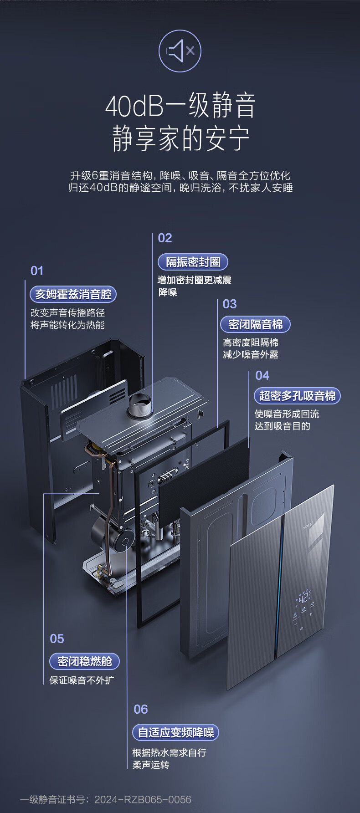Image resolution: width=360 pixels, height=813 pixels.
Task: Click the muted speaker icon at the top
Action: pyautogui.click(x=180, y=51)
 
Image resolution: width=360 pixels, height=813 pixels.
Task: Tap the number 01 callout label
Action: pyautogui.click(x=37, y=271)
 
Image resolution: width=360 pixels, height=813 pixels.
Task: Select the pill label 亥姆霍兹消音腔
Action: pyautogui.click(x=73, y=294)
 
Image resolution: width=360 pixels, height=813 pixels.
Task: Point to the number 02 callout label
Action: pyautogui.click(x=165, y=238)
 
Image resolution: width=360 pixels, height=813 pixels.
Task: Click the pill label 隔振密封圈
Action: pyautogui.click(x=193, y=262)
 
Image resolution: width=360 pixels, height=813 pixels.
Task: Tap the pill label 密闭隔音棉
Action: pyautogui.click(x=255, y=324)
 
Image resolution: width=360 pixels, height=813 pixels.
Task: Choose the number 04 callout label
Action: pyautogui.click(x=262, y=376)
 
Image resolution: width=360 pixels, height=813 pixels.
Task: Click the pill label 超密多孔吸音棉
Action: pyautogui.click(x=297, y=396)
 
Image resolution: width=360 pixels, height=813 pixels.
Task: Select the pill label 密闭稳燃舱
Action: pyautogui.click(x=84, y=661)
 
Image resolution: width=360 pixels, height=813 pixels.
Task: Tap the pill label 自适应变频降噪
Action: pyautogui.click(x=176, y=732)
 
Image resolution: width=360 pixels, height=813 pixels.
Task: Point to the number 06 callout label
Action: pyautogui.click(x=141, y=710)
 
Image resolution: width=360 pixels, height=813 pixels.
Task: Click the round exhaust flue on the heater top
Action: pyautogui.click(x=140, y=405)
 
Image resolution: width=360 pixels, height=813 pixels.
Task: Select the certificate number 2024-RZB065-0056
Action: pyautogui.click(x=143, y=799)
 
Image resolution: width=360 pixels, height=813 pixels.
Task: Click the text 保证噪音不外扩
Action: pyautogui.click(x=82, y=680)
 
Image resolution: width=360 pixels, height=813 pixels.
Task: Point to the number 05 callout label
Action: pyautogui.click(x=57, y=639)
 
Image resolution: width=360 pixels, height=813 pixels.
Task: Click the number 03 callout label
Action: pyautogui.click(x=230, y=304)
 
